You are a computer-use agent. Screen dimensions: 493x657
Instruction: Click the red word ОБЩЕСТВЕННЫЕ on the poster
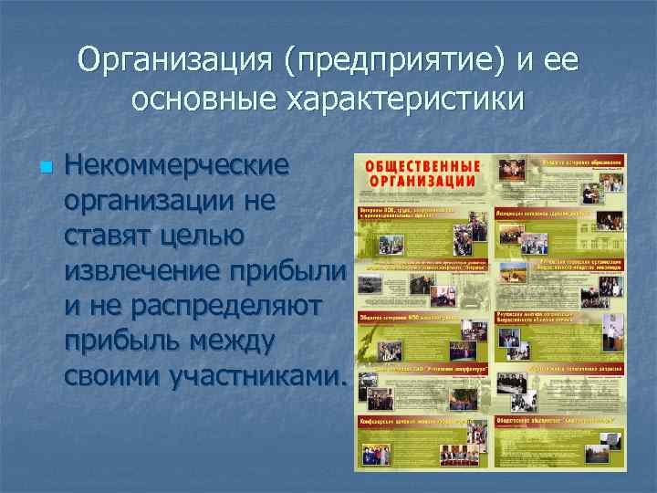(x=422, y=166)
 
